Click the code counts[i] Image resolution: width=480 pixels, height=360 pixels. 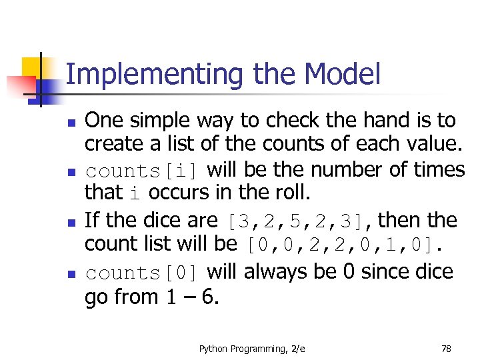141,171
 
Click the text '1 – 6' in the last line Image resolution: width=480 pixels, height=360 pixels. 191,297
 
